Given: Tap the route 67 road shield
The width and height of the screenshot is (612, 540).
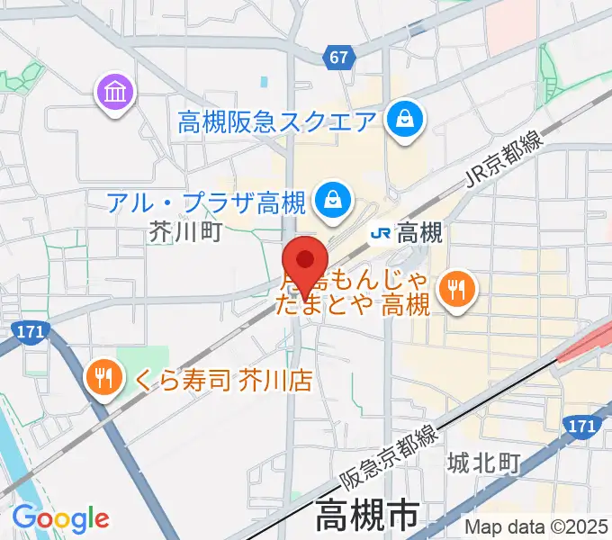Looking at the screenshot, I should tap(338, 57).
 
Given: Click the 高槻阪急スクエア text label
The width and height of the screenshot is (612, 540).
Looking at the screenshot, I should tap(276, 120).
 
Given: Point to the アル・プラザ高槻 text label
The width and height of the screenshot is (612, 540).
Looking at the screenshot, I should tap(207, 199).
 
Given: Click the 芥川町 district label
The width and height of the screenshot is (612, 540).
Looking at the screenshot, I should tap(184, 232).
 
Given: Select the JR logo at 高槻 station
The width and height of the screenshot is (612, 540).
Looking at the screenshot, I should tap(381, 234).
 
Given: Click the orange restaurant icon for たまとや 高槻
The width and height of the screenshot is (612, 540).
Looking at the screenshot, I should tap(455, 288).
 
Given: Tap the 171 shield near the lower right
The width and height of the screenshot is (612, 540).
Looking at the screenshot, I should tap(584, 422).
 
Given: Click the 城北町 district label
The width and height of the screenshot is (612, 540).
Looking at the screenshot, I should tap(484, 464).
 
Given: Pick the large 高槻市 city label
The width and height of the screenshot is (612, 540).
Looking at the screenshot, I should tap(366, 517).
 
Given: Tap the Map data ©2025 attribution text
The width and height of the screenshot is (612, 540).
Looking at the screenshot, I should tap(536, 526).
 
